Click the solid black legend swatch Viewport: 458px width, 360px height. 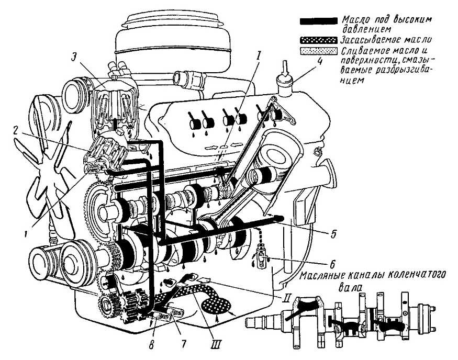pyautogui.click(x=318, y=22)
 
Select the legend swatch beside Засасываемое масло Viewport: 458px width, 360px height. pyautogui.click(x=318, y=40)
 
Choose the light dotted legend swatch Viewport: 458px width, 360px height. pyautogui.click(x=318, y=51)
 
